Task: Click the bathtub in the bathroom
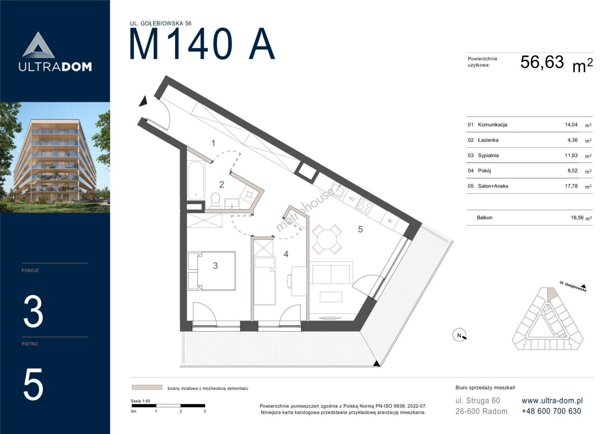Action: coord(196,180)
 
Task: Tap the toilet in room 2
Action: coord(216,200)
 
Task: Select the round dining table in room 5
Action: coord(327,239)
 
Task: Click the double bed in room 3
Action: coord(212,271)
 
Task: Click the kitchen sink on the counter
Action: coord(338,189)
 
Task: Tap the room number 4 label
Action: coord(286,254)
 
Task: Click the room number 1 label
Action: coord(213,143)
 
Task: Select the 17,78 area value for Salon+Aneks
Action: coord(571,186)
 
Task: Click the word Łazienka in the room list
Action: coord(488,140)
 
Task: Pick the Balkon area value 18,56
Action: coord(577,217)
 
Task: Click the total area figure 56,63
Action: coord(542,62)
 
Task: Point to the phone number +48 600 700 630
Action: coord(551,411)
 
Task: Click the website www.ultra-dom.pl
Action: coord(552,401)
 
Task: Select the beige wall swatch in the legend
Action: coord(147,387)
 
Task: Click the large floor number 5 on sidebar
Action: coord(33,385)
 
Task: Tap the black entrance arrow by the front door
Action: coord(144,101)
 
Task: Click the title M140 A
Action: coord(202,44)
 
